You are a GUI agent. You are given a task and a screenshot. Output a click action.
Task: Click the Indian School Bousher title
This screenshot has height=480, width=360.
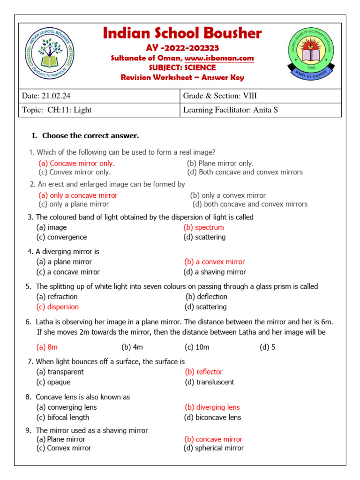pos(182,34)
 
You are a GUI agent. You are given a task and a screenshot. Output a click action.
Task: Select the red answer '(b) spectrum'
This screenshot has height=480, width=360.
pos(204,227)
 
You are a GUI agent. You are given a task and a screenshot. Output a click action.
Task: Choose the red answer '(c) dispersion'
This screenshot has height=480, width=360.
pos(58,307)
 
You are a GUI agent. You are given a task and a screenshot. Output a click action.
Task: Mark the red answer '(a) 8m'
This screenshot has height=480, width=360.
pos(47,347)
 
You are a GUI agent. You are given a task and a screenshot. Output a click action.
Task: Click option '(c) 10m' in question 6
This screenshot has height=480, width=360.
pos(197,347)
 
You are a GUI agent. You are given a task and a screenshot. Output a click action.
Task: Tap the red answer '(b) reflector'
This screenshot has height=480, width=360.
pos(204,372)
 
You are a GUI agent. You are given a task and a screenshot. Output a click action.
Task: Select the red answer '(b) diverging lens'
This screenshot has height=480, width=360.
pos(212,407)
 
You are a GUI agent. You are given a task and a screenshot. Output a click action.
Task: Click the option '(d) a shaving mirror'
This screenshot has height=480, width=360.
pos(215,272)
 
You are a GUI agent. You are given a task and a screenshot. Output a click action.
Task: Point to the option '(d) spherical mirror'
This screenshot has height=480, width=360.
pos(214,448)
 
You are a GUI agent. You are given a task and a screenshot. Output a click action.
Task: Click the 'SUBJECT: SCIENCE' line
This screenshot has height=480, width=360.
pos(182,68)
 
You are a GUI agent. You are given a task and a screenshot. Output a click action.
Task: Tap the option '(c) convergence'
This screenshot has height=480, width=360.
pos(61,237)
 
